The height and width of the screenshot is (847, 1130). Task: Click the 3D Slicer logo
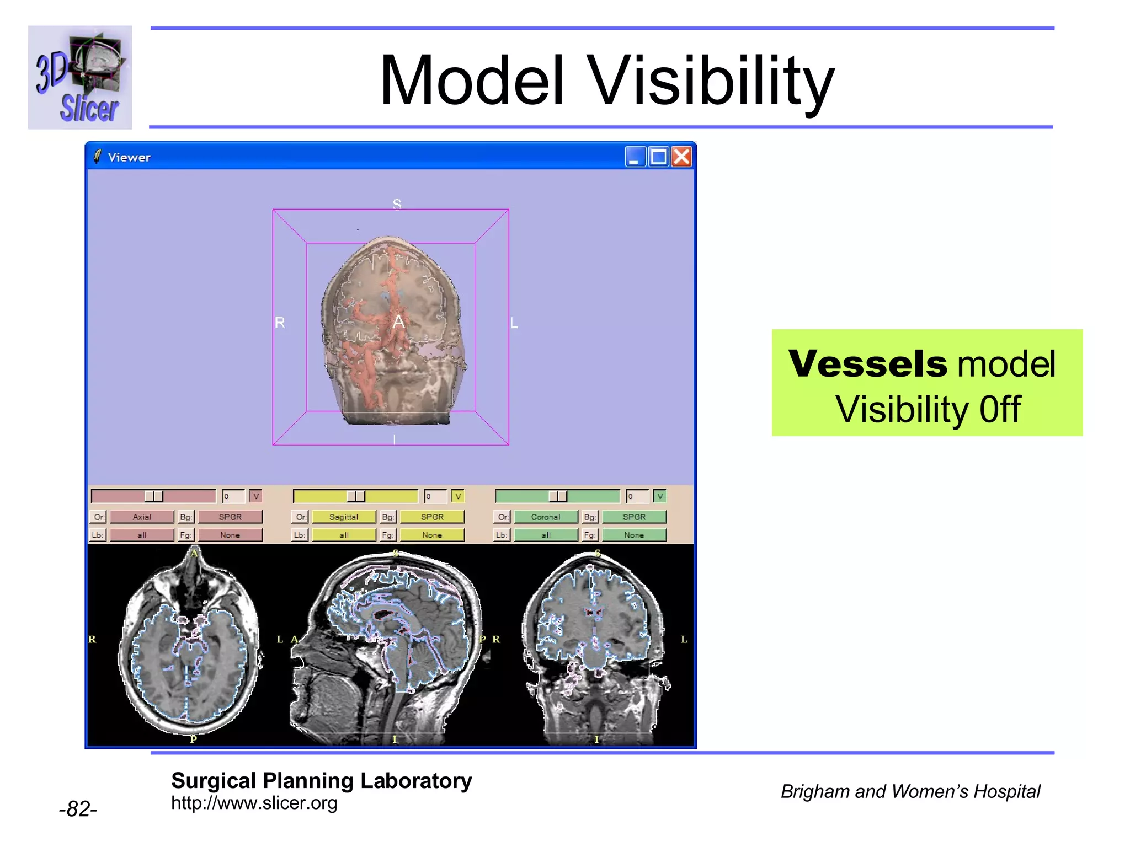80,77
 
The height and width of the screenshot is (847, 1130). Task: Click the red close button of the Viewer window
682,157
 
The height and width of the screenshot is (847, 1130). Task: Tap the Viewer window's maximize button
658,157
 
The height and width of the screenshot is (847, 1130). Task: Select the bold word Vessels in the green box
867,364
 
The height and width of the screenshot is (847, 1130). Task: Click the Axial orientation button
142,517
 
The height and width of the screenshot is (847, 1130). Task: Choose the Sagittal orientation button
344,517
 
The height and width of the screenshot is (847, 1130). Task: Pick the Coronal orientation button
546,517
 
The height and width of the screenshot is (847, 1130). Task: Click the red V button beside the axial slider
255,496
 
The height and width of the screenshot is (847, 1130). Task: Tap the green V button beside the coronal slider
659,496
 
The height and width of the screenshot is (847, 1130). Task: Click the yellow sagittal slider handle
356,496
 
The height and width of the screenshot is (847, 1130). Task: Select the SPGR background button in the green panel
634,517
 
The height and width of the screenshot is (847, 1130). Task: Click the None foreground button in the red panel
230,535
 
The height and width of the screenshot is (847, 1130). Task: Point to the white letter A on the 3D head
398,322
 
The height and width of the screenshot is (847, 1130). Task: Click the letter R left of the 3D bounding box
280,323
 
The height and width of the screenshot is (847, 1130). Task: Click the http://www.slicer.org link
254,803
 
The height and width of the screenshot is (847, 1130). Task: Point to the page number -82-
78,809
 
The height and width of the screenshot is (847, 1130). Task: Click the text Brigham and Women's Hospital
910,791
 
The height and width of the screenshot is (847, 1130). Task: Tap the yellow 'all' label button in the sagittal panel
344,535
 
